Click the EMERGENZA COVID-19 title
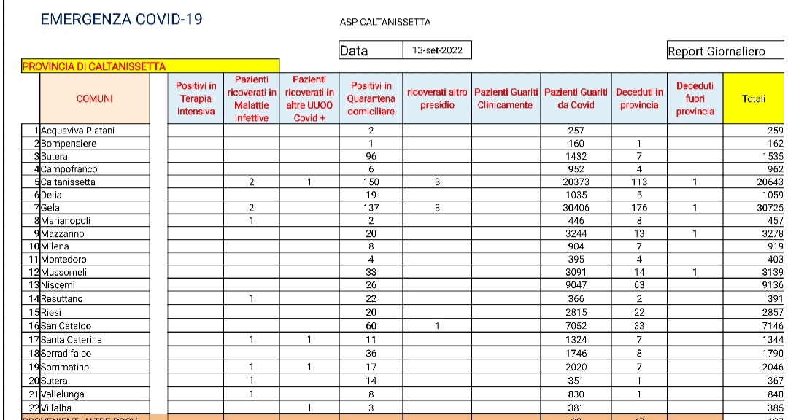[x=122, y=20]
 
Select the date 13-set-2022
[x=437, y=50]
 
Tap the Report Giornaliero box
[x=716, y=51]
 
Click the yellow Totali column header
[x=753, y=99]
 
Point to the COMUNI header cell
[x=95, y=99]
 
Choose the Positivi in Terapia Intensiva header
[x=196, y=99]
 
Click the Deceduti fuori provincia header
[x=695, y=99]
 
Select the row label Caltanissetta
[x=68, y=182]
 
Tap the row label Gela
[x=51, y=209]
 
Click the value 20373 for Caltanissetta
[x=576, y=182]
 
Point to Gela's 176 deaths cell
[x=638, y=209]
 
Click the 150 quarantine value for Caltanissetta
[x=371, y=182]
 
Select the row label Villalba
[x=57, y=408]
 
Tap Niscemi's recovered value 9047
[x=576, y=285]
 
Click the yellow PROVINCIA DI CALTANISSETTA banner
[x=150, y=66]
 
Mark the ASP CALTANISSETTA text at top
[x=385, y=22]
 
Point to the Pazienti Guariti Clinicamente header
[x=506, y=99]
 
